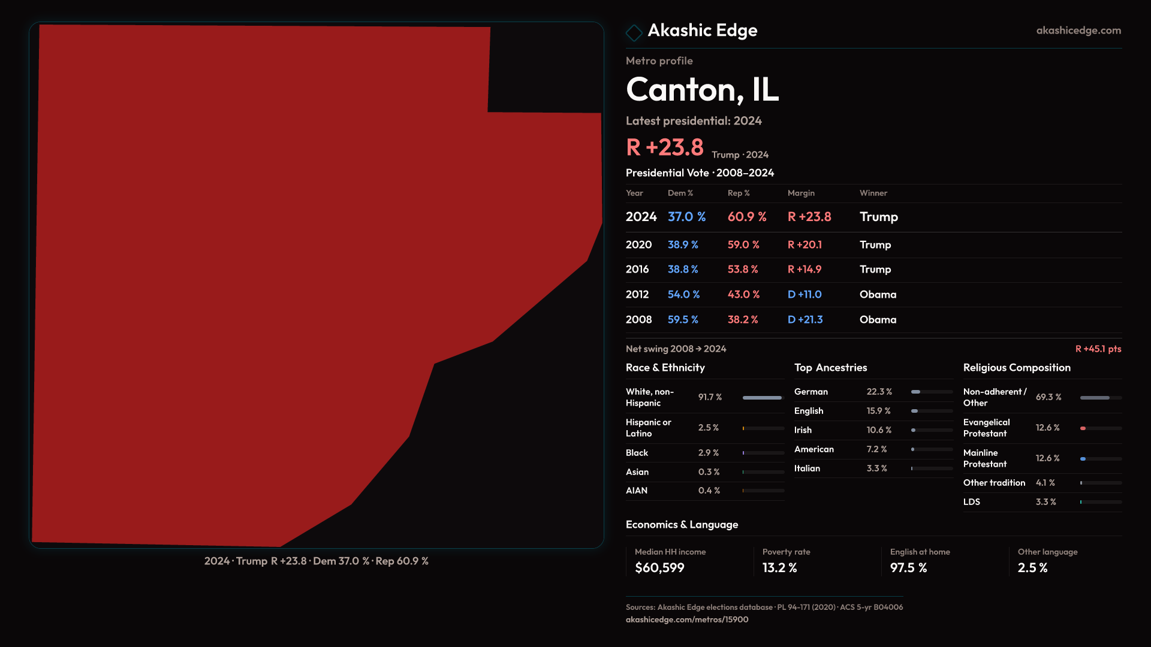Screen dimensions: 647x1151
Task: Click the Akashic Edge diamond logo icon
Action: (634, 32)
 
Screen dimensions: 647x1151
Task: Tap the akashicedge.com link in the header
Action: (1078, 31)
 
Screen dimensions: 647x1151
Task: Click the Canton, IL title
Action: (702, 90)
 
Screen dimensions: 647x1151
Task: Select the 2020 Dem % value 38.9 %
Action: (683, 245)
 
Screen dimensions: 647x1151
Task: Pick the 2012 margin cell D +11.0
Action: (805, 295)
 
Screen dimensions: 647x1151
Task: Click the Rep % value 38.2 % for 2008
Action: (743, 320)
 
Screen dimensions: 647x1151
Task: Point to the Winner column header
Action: (873, 194)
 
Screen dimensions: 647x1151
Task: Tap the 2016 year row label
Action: (637, 270)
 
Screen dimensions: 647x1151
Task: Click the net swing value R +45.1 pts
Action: (1098, 349)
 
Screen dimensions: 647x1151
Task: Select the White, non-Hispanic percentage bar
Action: (763, 398)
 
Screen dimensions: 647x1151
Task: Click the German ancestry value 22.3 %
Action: (879, 392)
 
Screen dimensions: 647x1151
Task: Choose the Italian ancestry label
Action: (807, 468)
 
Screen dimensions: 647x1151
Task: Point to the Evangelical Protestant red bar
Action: (1083, 428)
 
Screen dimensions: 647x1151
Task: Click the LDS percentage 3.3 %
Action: (1045, 502)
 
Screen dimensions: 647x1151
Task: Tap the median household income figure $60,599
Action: (659, 568)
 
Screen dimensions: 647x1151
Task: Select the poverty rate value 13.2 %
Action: (779, 568)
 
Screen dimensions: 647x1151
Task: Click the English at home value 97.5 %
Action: (908, 568)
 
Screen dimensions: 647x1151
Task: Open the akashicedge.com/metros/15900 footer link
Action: (687, 619)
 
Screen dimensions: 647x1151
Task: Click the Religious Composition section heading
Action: (1017, 368)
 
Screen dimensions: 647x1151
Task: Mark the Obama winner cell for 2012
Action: (878, 295)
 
